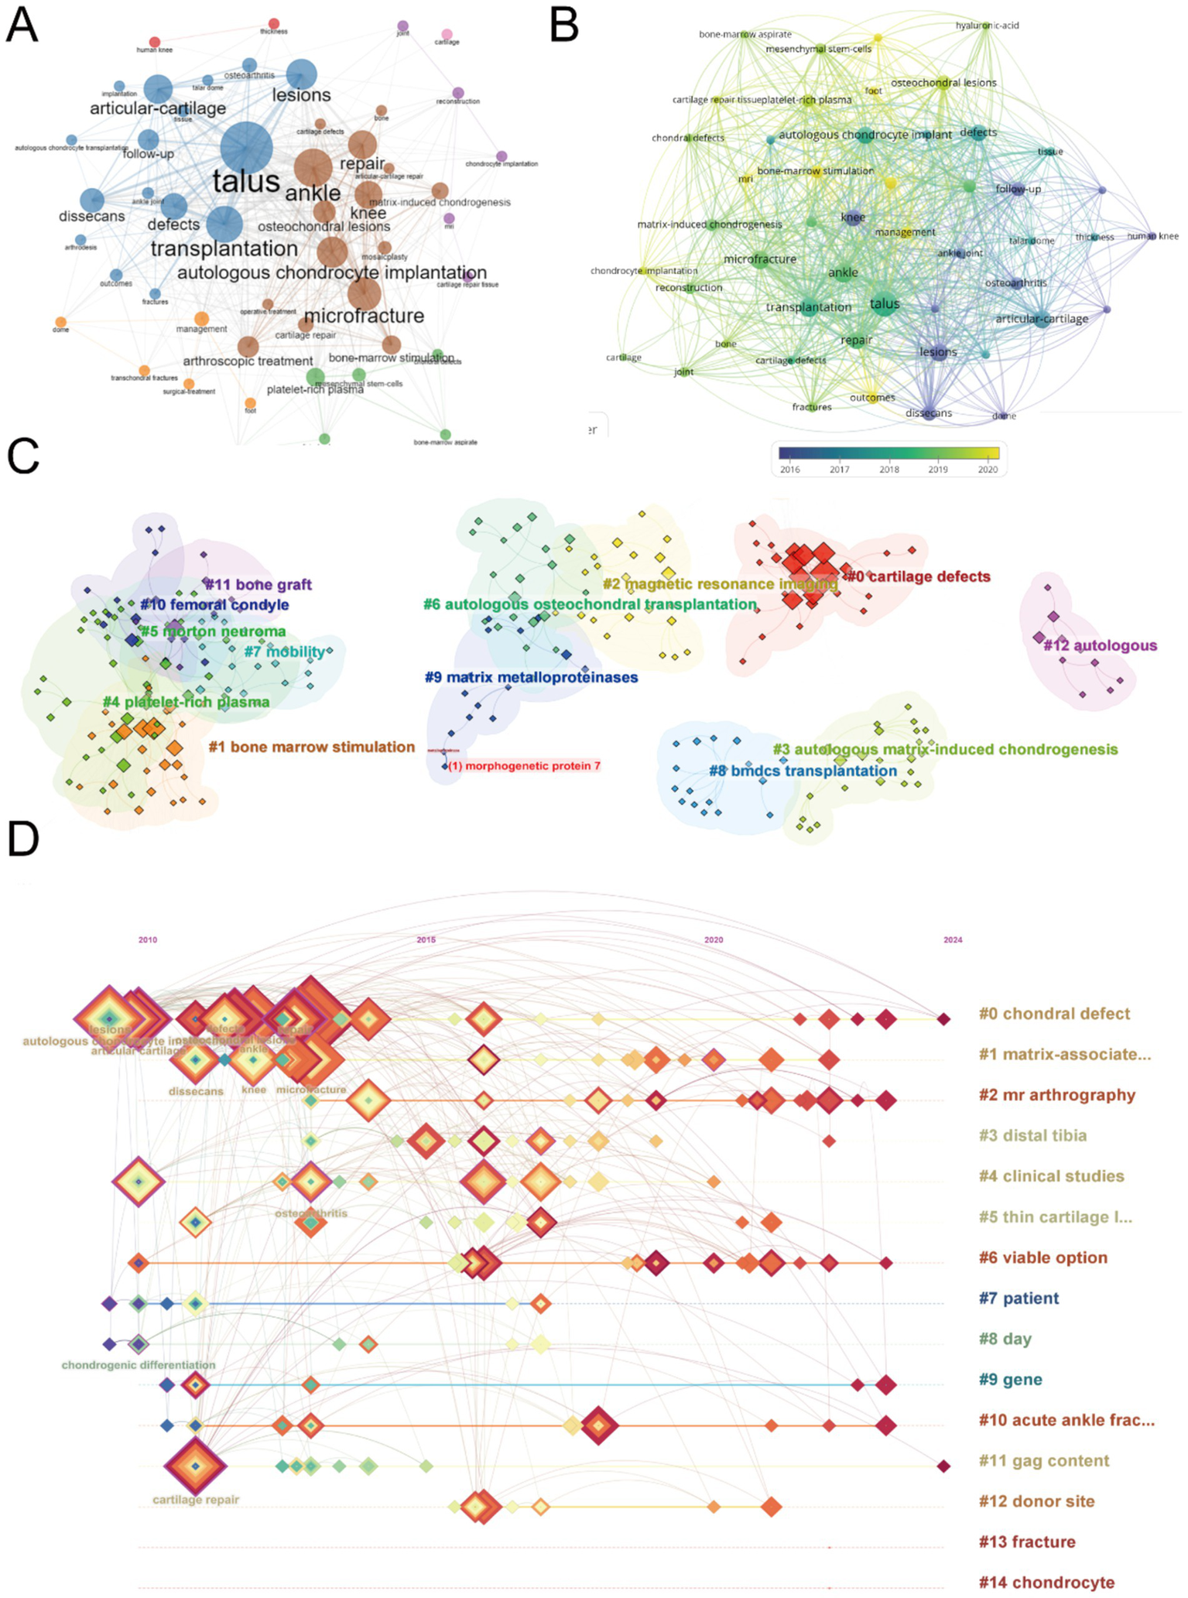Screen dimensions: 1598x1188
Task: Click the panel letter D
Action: coord(23,838)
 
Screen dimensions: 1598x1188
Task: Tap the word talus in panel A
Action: coord(246,182)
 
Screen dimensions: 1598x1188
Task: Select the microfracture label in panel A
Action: coord(364,316)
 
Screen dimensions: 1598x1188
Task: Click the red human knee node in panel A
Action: coord(154,42)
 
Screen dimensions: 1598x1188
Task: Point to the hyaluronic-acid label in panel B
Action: coord(987,26)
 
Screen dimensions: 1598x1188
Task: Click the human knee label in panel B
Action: coord(1152,236)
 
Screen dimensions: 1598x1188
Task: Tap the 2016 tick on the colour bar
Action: coord(790,469)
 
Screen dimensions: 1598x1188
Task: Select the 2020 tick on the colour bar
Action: coord(988,469)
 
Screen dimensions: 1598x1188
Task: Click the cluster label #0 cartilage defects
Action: coord(917,577)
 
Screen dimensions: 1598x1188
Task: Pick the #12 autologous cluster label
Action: coord(1100,645)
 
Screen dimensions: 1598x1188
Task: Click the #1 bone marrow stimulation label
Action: coord(312,747)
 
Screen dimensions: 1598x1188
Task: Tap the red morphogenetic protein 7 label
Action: coord(525,766)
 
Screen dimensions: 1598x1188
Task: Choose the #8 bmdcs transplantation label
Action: coord(803,771)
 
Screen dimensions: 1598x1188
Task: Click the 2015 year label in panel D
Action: coord(426,939)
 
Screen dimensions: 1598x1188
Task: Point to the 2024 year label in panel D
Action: coord(953,939)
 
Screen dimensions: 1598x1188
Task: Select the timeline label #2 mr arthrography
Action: coord(1056,1095)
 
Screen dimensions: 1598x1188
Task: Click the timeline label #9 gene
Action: coord(1010,1380)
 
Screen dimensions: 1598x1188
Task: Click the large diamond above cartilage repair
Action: coord(196,1466)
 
